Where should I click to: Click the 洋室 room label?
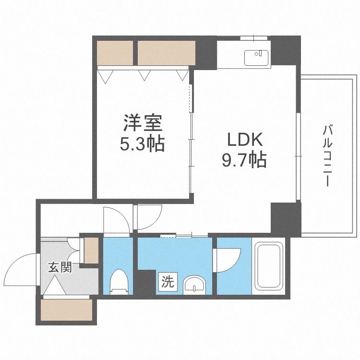(x=143, y=123)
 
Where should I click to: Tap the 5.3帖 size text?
(x=143, y=143)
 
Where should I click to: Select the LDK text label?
(x=244, y=140)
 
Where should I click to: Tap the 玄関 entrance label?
(x=60, y=267)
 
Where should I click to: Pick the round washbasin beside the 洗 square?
(x=194, y=285)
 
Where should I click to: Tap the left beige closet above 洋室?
(x=114, y=53)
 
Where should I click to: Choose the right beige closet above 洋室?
(x=167, y=53)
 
